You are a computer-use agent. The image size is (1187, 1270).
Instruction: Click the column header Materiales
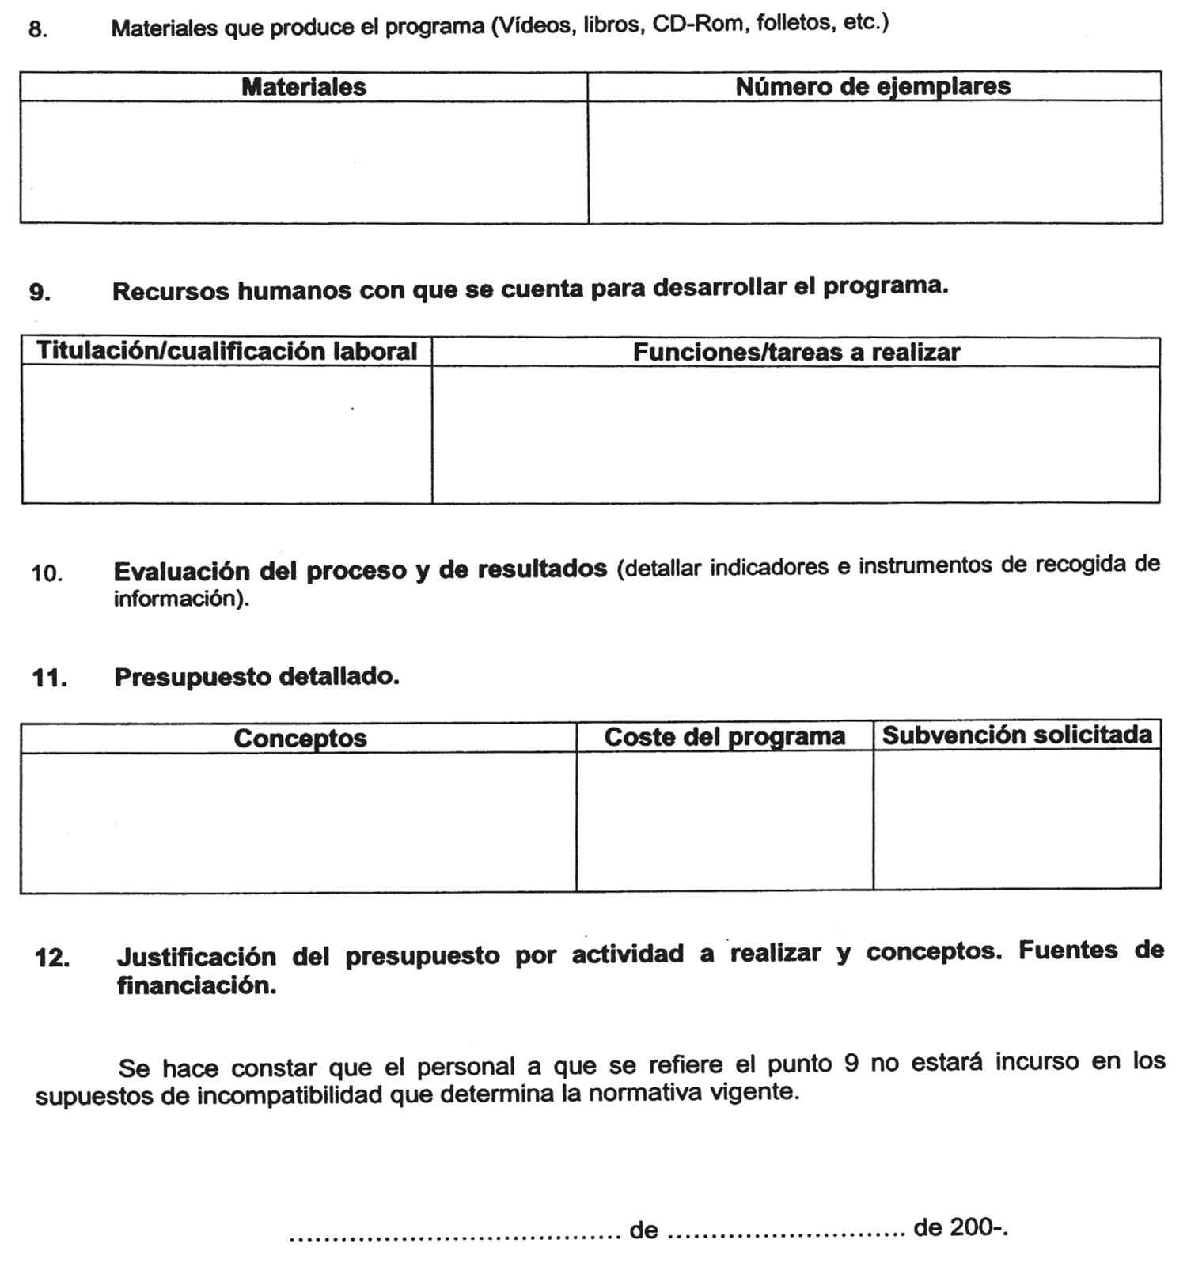point(303,87)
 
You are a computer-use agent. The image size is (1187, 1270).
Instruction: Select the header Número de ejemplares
point(873,86)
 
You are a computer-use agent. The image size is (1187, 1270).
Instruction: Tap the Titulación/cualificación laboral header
point(226,351)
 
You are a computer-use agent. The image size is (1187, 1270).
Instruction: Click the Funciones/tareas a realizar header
point(796,352)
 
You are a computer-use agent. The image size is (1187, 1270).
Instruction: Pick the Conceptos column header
point(300,739)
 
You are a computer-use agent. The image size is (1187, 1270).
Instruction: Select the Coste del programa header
point(724,737)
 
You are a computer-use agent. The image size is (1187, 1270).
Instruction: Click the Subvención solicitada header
point(1017,735)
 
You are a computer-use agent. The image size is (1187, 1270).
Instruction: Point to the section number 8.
point(38,30)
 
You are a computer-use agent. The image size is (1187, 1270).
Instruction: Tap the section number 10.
point(47,573)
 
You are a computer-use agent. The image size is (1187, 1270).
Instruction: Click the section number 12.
point(51,958)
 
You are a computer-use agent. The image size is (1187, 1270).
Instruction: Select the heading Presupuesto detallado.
point(256,677)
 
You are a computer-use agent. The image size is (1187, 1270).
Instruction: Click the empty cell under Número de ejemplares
point(874,161)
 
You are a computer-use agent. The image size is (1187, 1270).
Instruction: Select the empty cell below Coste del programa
point(724,820)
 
